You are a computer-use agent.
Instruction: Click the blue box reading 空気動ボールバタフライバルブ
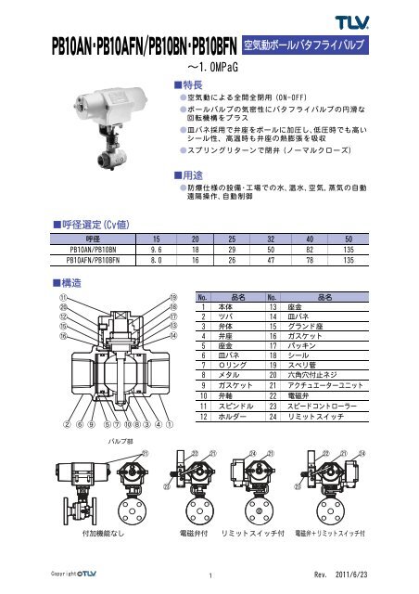tap(309, 44)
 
